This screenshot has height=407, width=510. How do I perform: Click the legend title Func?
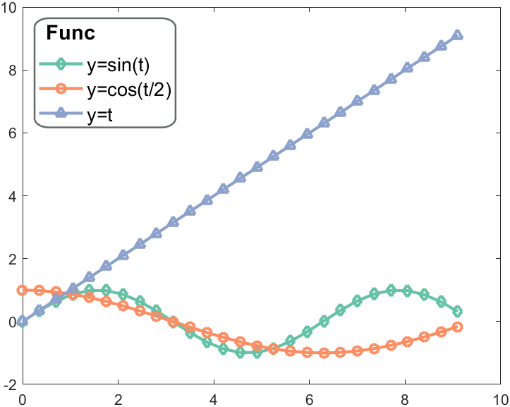click(x=71, y=33)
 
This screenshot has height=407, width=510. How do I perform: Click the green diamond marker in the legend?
click(x=61, y=65)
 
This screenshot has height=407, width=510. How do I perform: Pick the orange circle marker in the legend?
click(x=61, y=90)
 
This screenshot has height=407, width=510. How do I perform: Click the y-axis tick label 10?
click(x=8, y=6)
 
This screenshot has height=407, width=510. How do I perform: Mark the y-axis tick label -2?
click(x=10, y=384)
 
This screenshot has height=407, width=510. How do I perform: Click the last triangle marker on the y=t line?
click(x=458, y=35)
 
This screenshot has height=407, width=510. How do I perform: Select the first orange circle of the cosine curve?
click(x=23, y=290)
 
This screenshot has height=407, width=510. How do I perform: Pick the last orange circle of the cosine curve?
click(x=458, y=327)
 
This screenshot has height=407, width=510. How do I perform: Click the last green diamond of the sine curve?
click(x=458, y=311)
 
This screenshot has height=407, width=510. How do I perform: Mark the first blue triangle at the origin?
click(x=23, y=321)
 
